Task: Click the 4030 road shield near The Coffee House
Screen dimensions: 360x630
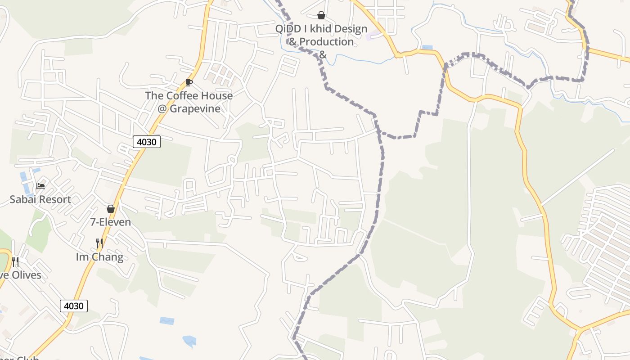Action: pos(147,142)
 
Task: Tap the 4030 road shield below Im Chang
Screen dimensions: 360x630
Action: pos(74,306)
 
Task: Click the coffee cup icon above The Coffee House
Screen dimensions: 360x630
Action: pos(189,83)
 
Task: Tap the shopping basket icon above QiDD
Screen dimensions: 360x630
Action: pos(321,16)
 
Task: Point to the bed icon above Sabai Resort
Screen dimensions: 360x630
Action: pos(40,186)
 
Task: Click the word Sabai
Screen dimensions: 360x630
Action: pos(23,199)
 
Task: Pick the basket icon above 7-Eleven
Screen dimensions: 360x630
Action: pos(111,209)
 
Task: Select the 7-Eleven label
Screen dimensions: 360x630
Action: pos(111,222)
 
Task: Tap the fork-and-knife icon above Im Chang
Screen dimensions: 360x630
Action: pos(99,243)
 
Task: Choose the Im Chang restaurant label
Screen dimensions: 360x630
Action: pos(99,257)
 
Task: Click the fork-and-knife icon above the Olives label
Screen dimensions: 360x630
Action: pos(15,261)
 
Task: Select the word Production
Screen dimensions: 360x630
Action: pos(327,42)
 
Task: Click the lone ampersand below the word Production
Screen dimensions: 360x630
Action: pos(322,55)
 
